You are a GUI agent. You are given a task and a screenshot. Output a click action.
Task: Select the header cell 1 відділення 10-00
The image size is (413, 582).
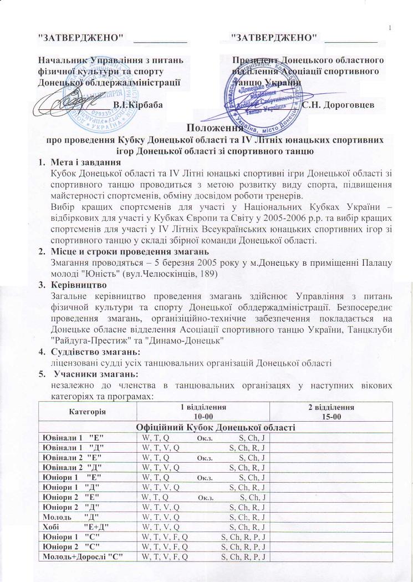203,411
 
